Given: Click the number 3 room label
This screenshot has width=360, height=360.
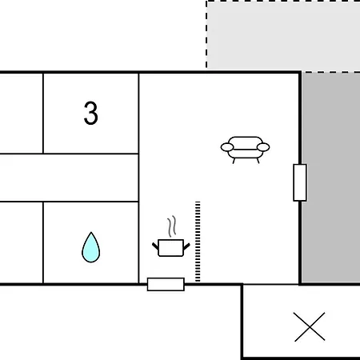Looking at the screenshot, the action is pos(90,113).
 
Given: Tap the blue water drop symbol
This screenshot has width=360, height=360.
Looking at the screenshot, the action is pos(91,248).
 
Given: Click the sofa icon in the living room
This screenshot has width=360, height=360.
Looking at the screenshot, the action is pos(245,150).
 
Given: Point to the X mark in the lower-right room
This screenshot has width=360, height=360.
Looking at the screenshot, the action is pos(310,326).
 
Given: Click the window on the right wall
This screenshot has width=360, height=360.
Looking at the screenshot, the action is pos(300,182).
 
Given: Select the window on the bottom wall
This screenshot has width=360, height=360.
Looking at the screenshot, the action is pos(166,284).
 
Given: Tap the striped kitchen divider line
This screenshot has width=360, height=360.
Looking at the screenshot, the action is pos(198,242).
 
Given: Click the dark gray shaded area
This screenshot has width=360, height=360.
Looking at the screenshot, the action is pos(331,178).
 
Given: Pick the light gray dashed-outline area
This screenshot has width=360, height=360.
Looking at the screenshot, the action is pos(283,34).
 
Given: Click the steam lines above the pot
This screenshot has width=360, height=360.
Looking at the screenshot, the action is pos(172,226).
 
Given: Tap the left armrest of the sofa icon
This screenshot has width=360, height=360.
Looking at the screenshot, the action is pos(227,147).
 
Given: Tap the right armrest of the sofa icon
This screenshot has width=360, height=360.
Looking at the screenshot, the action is pos(263,147).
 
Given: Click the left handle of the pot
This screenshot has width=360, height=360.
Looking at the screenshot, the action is pos(155,246).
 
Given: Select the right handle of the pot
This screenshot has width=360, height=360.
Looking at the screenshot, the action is pos(186,246).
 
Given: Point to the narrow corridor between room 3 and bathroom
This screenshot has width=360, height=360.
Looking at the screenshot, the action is pos(69,178).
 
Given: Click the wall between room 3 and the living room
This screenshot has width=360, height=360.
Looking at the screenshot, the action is pos(138,114).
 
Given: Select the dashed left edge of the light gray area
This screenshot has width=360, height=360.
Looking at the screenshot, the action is pos(206,34).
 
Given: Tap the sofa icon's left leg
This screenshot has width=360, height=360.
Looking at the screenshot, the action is pos(234,161).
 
